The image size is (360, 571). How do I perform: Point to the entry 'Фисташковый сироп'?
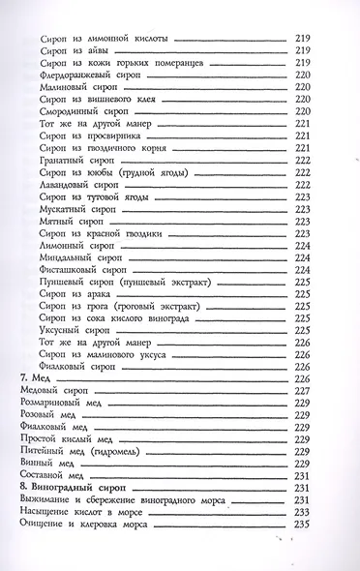[x=81, y=270]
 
